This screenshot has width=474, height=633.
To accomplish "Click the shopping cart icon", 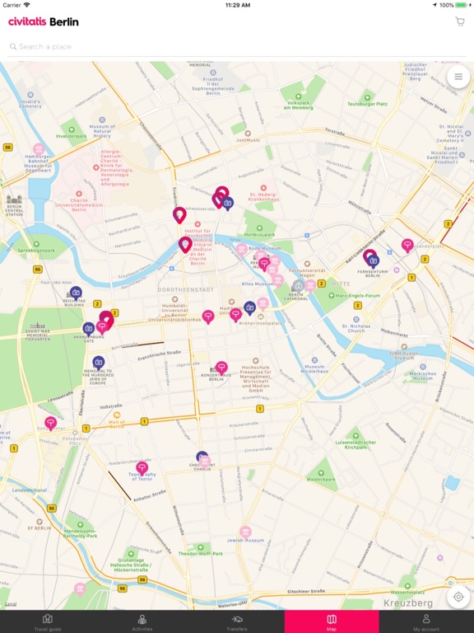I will coord(459,21).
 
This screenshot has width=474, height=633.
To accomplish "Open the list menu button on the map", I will coord(458,77).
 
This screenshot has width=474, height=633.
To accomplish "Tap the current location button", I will coord(458,597).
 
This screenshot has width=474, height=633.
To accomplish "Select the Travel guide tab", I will coord(48,621).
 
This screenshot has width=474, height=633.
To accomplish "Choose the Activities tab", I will coord(142,621).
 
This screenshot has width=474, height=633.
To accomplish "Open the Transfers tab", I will coord(237,621).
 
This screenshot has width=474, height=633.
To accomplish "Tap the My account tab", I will coord(426,621).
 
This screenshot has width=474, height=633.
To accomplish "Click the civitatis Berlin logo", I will coord(44,21).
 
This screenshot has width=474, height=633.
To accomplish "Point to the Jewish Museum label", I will coord(246,540).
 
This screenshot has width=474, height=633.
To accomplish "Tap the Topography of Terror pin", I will coord(142,467).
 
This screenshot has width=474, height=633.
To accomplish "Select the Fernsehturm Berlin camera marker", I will coord(373,260).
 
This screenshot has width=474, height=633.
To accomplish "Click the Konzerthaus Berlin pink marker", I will coord(221,367).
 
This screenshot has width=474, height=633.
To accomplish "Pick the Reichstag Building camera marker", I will coord(76,293).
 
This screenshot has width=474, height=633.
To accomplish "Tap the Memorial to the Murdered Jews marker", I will coord(99,362).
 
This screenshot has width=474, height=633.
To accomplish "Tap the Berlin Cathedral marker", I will coord(298,286).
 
